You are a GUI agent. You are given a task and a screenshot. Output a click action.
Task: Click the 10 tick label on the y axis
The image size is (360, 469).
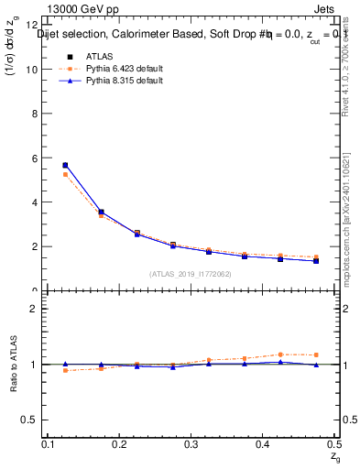[x=32, y=70]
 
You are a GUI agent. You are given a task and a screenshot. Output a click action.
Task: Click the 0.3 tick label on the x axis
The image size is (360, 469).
[x=190, y=443]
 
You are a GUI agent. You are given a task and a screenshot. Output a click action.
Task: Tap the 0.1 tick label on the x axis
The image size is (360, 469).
[x=49, y=443]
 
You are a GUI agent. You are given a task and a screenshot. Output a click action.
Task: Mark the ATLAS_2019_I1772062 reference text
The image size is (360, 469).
[x=191, y=274]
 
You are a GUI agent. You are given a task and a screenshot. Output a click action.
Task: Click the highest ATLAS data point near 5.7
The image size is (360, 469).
[x=65, y=165]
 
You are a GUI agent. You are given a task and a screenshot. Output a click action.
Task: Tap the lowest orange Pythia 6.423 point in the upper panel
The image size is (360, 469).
[x=316, y=257]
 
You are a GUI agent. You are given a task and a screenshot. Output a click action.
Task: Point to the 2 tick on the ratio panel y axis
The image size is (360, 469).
[x=35, y=309]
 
